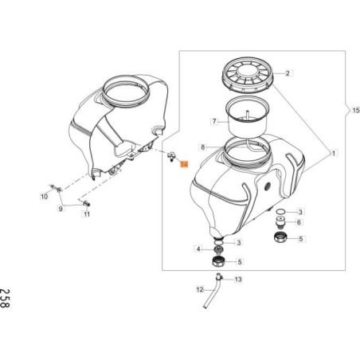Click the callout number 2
[x=288, y=72]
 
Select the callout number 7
[x=214, y=122]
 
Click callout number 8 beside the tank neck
[x=203, y=147]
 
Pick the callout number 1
[x=334, y=151]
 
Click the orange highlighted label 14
[x=184, y=164]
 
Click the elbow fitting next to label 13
[x=218, y=278]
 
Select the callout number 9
[x=59, y=209]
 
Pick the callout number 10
[x=45, y=195]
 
